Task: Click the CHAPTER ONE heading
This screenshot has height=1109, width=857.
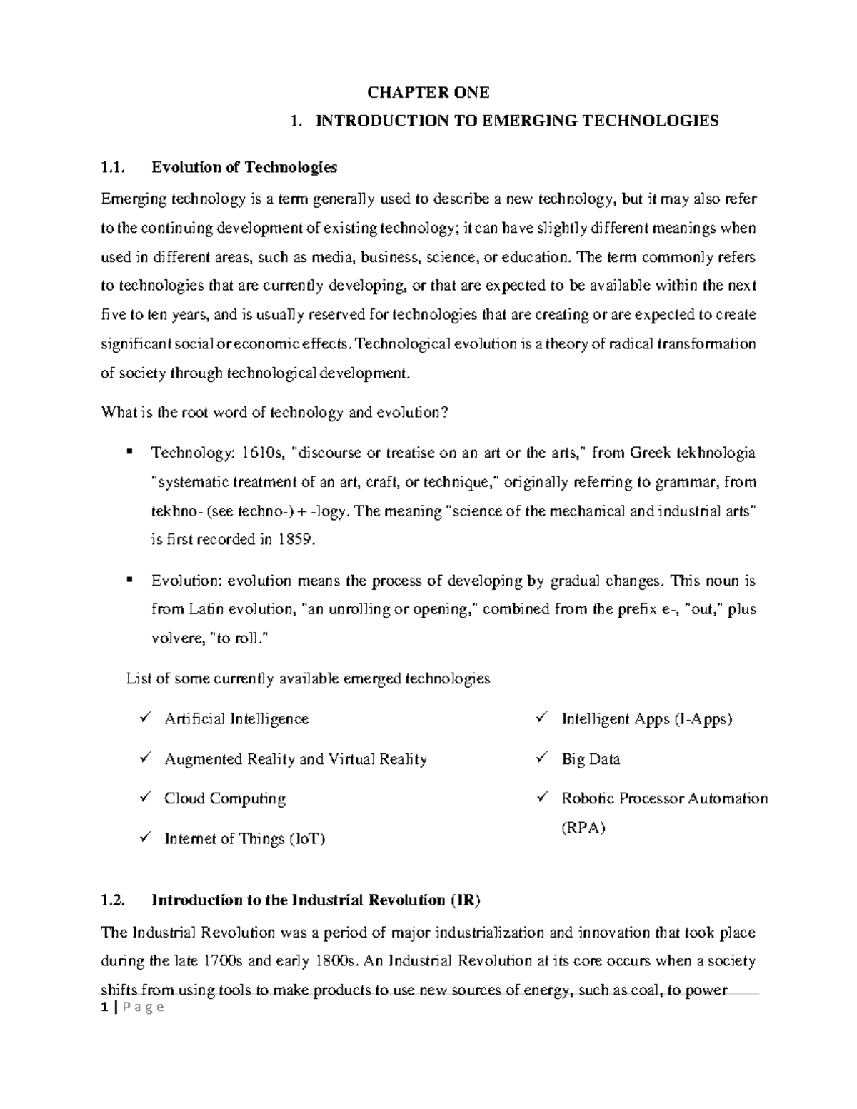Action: click(428, 92)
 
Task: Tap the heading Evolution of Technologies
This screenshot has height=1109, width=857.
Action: click(244, 168)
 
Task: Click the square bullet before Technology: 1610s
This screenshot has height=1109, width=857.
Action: click(129, 451)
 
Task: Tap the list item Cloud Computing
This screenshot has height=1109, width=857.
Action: click(224, 798)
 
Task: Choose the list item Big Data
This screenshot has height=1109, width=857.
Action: click(591, 759)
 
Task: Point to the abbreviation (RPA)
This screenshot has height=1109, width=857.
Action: click(583, 828)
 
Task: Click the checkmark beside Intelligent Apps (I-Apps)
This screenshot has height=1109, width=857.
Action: click(542, 717)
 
